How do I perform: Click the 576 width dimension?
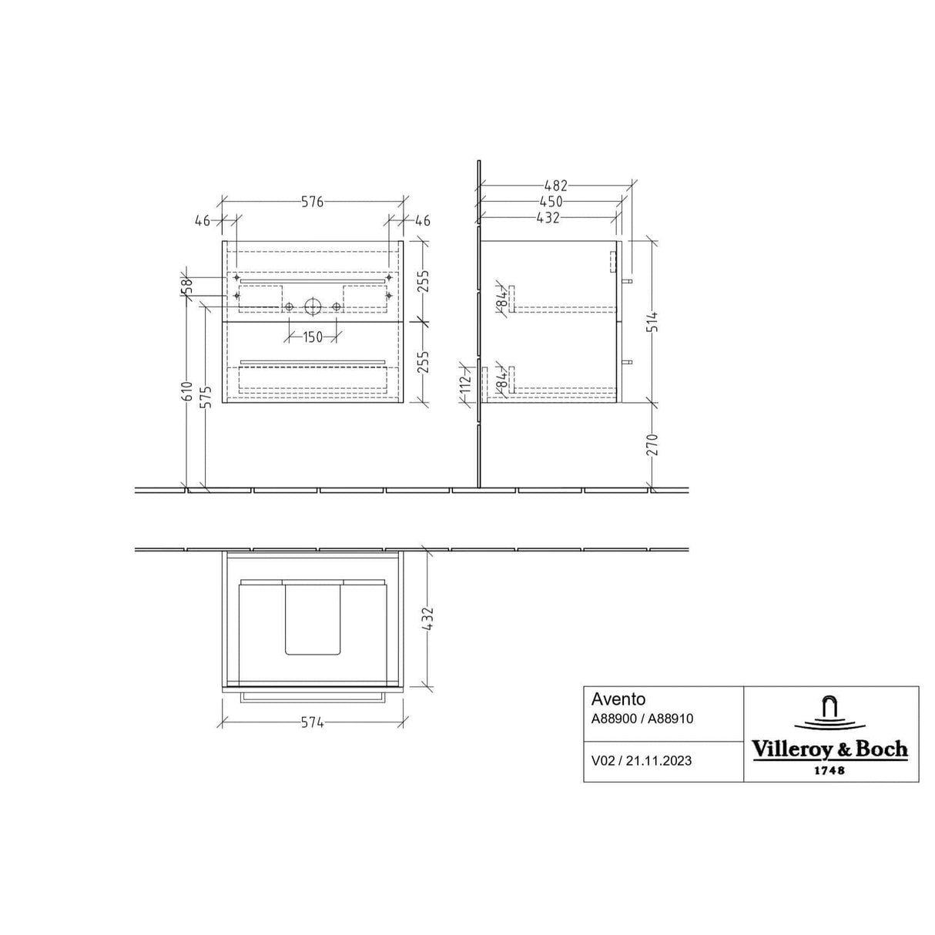click(312, 202)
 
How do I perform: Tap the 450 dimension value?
click(550, 202)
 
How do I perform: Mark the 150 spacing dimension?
click(312, 337)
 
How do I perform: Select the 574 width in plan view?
click(312, 723)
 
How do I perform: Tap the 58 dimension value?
click(186, 287)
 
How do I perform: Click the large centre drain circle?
click(313, 307)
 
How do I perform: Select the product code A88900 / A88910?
click(642, 719)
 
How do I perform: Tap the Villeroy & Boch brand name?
click(829, 749)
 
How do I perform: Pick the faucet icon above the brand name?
click(829, 713)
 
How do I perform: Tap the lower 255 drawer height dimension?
click(423, 362)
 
